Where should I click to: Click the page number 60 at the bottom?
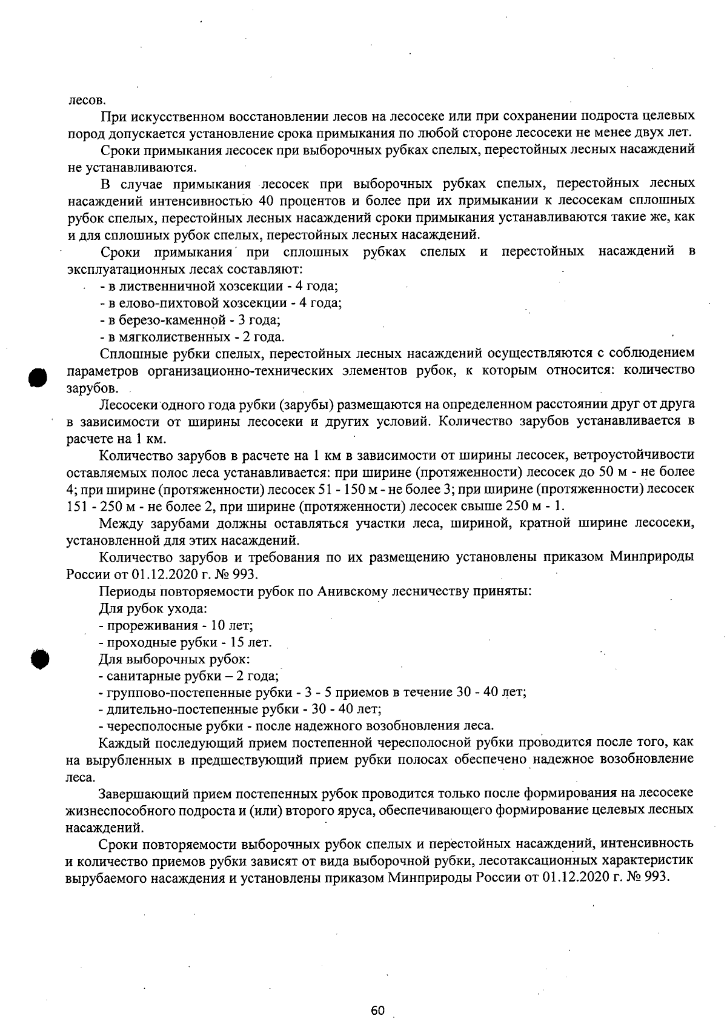click(x=377, y=1011)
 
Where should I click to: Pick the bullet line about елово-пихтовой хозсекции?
click(x=220, y=303)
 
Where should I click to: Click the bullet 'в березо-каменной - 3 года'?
click(x=189, y=320)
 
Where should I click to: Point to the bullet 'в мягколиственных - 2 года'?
click(x=191, y=337)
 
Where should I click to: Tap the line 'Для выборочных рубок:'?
click(x=174, y=659)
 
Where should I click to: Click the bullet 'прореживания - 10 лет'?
click(x=176, y=625)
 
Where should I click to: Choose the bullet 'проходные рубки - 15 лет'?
click(x=185, y=642)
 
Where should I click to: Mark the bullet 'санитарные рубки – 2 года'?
click(x=188, y=676)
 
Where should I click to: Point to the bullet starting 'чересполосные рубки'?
click(x=296, y=726)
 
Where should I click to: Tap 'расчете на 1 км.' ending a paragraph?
click(x=116, y=439)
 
